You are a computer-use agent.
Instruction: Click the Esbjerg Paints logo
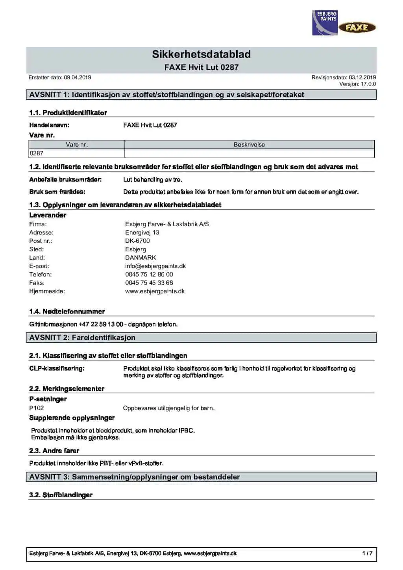pos(325,23)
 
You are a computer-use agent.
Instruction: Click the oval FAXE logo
pos(357,28)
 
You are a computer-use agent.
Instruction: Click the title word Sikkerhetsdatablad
pos(201,54)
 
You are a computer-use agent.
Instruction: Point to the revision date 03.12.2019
pos(362,77)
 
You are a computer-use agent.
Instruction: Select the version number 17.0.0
pos(368,84)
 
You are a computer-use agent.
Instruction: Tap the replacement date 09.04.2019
pos(78,77)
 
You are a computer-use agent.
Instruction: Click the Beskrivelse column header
pos(249,145)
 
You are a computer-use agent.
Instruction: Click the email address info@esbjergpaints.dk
pos(155,266)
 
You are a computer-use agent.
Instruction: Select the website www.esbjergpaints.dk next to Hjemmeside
pos(155,291)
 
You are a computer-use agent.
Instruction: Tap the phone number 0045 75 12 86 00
pos(149,275)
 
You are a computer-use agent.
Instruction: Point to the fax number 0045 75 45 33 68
pos(149,283)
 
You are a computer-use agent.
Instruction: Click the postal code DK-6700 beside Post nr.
pos(137,241)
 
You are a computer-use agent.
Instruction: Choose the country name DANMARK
pos(140,258)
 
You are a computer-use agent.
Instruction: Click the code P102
pos(37,408)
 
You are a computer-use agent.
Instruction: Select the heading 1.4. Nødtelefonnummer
pos(67,312)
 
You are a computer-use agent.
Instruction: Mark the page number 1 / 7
pos(367,553)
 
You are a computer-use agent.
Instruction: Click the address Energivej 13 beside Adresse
pos(142,232)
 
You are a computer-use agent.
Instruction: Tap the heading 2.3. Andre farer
pos(54,451)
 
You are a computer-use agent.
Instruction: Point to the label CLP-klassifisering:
pos(57,369)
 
